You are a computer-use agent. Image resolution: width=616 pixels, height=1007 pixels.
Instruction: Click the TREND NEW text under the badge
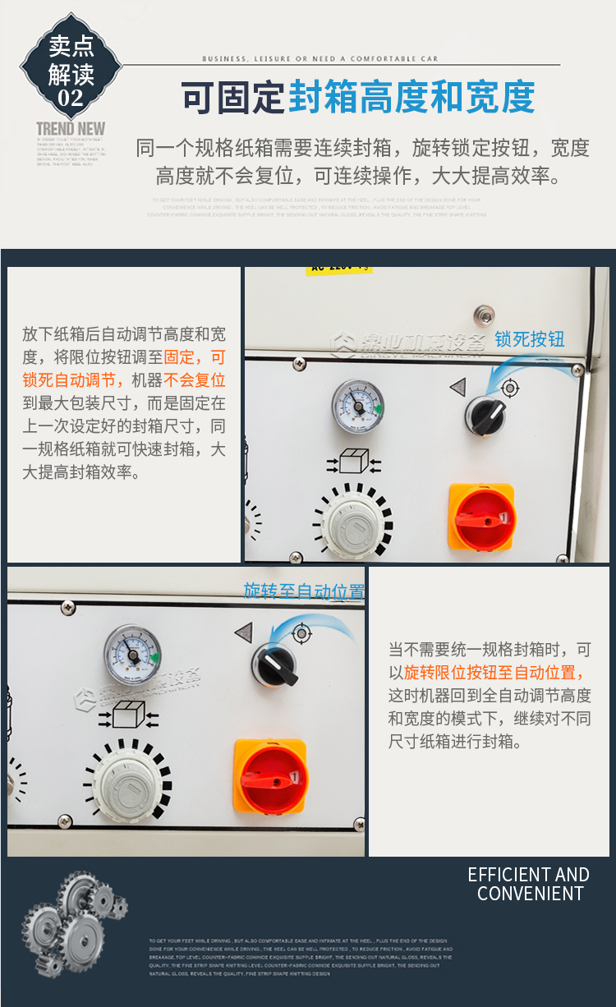(71, 128)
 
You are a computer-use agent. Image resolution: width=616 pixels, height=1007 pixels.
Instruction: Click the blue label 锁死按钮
(530, 339)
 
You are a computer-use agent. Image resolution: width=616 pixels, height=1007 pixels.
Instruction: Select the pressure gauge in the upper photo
(357, 405)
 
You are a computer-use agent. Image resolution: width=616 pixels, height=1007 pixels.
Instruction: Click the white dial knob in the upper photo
(354, 521)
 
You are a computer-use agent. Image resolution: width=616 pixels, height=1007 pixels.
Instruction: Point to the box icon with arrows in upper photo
(353, 462)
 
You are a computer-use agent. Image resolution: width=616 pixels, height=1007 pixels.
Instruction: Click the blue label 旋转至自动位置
(304, 591)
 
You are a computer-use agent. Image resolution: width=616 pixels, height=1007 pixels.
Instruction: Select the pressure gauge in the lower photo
(131, 655)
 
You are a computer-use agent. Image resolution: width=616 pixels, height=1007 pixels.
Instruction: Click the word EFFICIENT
(499, 875)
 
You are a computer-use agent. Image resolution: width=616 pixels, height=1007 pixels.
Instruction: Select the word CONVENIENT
(531, 894)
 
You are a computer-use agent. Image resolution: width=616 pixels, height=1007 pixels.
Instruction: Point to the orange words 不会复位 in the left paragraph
(195, 380)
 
